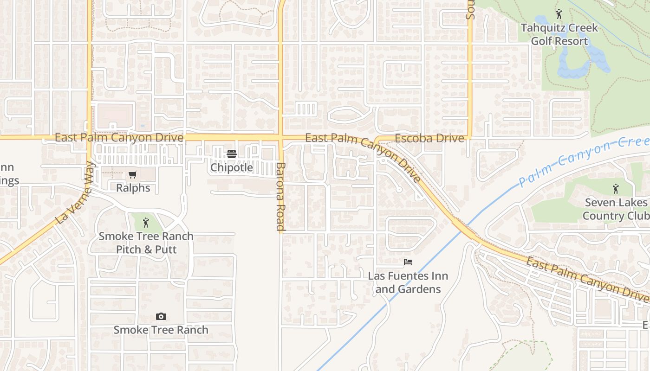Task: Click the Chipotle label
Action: [232, 167]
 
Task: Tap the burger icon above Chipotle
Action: [232, 154]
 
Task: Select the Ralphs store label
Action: [133, 188]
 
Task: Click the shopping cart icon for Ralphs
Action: [133, 175]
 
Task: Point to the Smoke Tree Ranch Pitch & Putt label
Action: [146, 243]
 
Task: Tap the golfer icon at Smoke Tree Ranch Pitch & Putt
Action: [146, 223]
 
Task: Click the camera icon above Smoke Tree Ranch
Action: [161, 317]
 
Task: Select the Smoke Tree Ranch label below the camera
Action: [161, 330]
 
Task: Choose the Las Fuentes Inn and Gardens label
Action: [408, 282]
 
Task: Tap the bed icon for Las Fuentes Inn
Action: [408, 262]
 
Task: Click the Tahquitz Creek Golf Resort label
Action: [559, 34]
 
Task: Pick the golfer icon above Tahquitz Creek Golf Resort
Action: [559, 14]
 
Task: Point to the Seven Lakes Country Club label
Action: [616, 209]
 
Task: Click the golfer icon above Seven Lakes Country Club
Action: [616, 189]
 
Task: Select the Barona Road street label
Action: [280, 196]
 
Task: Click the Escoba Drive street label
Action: [429, 138]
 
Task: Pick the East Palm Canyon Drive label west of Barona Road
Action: [119, 138]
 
